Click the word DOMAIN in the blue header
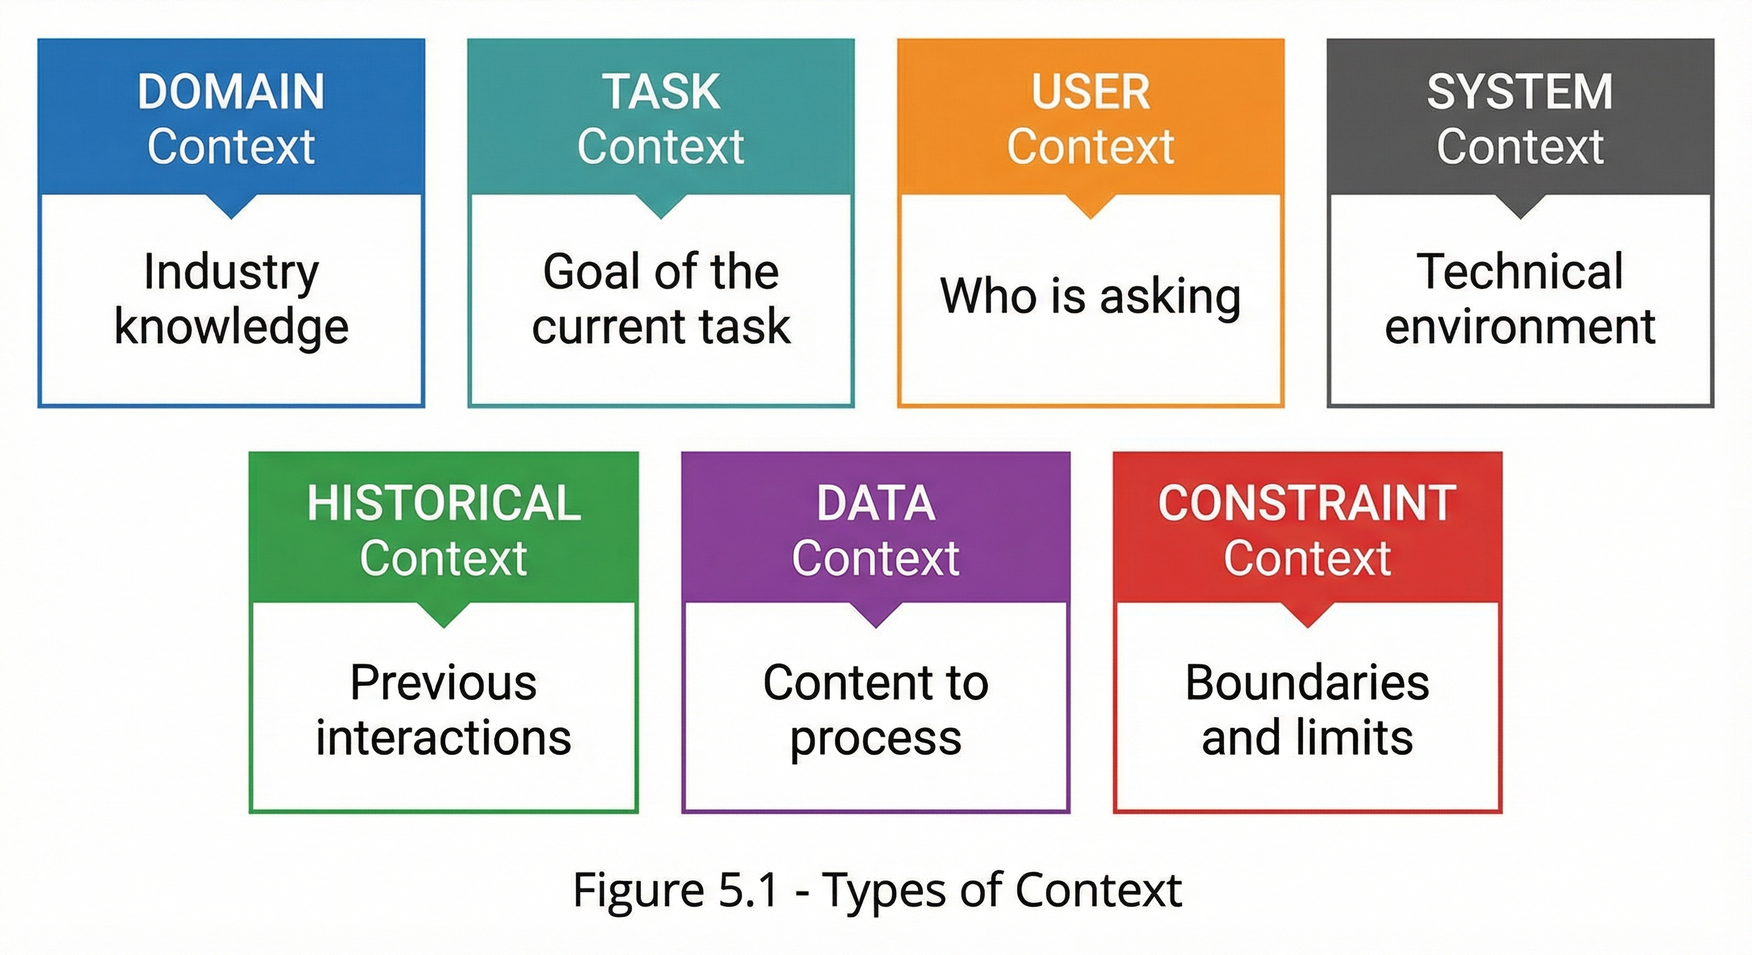(231, 92)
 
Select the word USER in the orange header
(1090, 92)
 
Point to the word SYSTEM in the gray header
(1519, 92)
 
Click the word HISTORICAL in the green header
(444, 504)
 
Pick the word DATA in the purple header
(875, 504)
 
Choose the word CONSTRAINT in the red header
(1307, 504)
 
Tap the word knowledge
(231, 328)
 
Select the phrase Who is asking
(1090, 297)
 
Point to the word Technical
(1519, 271)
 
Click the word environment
(1519, 327)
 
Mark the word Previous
(444, 683)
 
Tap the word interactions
(444, 738)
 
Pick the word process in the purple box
(875, 739)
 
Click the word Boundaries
(1307, 683)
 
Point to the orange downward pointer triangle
(1090, 206)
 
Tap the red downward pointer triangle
(1307, 615)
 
